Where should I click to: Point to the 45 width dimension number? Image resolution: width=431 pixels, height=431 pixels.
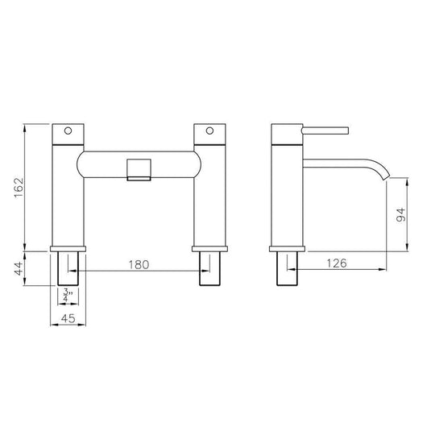[x=69, y=320]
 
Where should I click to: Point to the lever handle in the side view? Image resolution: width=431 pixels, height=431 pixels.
[x=325, y=129]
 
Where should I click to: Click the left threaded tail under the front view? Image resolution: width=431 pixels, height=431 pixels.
[x=69, y=268]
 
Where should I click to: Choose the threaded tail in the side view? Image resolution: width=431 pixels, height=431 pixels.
[x=288, y=268]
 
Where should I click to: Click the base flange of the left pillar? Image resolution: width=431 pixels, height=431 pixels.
[x=69, y=247]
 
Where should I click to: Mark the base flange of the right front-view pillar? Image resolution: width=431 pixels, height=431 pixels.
[x=212, y=247]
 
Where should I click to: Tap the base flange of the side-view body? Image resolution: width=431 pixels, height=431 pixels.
[x=288, y=247]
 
